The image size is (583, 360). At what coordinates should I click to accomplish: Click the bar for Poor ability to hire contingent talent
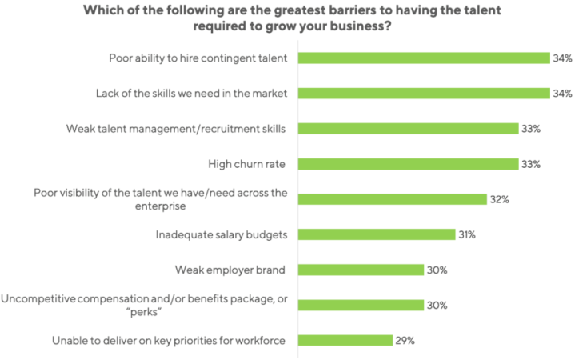coord(424,58)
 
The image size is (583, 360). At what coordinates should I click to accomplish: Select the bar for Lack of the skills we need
coord(424,93)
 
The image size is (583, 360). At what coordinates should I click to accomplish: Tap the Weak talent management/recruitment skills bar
coord(408,128)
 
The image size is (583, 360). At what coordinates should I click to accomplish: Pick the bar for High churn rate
coord(408,163)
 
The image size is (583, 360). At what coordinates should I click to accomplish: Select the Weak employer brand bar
coord(361,270)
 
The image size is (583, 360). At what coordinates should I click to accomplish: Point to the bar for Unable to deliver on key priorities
coord(345,340)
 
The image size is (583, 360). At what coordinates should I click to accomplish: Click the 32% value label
coord(500,199)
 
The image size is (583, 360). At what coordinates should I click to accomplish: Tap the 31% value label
coord(468,234)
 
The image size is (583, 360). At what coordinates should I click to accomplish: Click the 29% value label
coord(405,340)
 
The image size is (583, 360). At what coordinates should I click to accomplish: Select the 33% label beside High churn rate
coord(531,164)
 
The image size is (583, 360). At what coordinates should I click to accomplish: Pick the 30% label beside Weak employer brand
coord(437,270)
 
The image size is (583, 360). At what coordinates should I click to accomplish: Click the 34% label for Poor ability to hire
coord(562,58)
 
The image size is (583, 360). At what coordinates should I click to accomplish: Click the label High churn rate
coord(248,164)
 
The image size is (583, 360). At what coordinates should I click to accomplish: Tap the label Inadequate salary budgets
coord(222,234)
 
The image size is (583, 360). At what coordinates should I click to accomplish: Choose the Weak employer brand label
coord(231,270)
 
